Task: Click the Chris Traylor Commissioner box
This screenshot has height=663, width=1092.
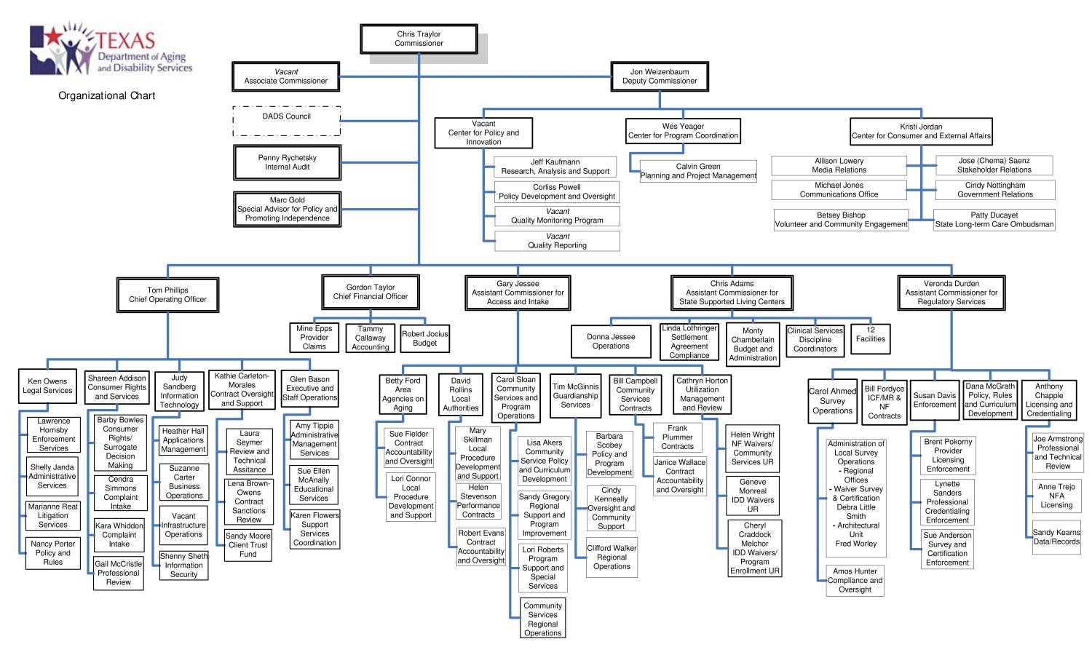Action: click(x=419, y=39)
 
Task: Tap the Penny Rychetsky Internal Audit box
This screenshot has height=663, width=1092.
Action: click(x=287, y=162)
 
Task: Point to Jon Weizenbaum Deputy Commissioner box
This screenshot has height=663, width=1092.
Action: click(x=660, y=76)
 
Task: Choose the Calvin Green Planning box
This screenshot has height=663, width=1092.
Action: click(x=698, y=171)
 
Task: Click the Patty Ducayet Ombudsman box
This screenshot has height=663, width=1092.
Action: click(x=994, y=220)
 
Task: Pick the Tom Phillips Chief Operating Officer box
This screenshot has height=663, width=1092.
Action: click(x=167, y=295)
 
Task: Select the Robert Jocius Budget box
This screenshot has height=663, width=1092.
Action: click(x=425, y=338)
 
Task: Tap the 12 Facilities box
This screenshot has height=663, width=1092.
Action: click(x=871, y=335)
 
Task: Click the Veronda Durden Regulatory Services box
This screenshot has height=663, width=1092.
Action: click(x=951, y=293)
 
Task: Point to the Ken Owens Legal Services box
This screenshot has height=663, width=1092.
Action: click(x=47, y=386)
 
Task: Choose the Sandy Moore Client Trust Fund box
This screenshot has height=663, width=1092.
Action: click(x=248, y=545)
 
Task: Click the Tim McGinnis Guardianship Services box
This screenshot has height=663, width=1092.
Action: click(x=575, y=396)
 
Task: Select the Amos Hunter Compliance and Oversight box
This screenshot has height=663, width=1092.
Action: click(x=855, y=581)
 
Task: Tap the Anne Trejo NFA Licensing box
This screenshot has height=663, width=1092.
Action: click(x=1056, y=496)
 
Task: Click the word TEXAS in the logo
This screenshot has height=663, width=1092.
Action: click(x=126, y=40)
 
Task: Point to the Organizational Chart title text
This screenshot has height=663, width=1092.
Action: click(x=107, y=95)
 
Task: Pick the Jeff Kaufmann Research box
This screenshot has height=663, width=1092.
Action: click(x=555, y=167)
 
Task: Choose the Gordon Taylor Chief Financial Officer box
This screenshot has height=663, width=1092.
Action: click(x=371, y=292)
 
